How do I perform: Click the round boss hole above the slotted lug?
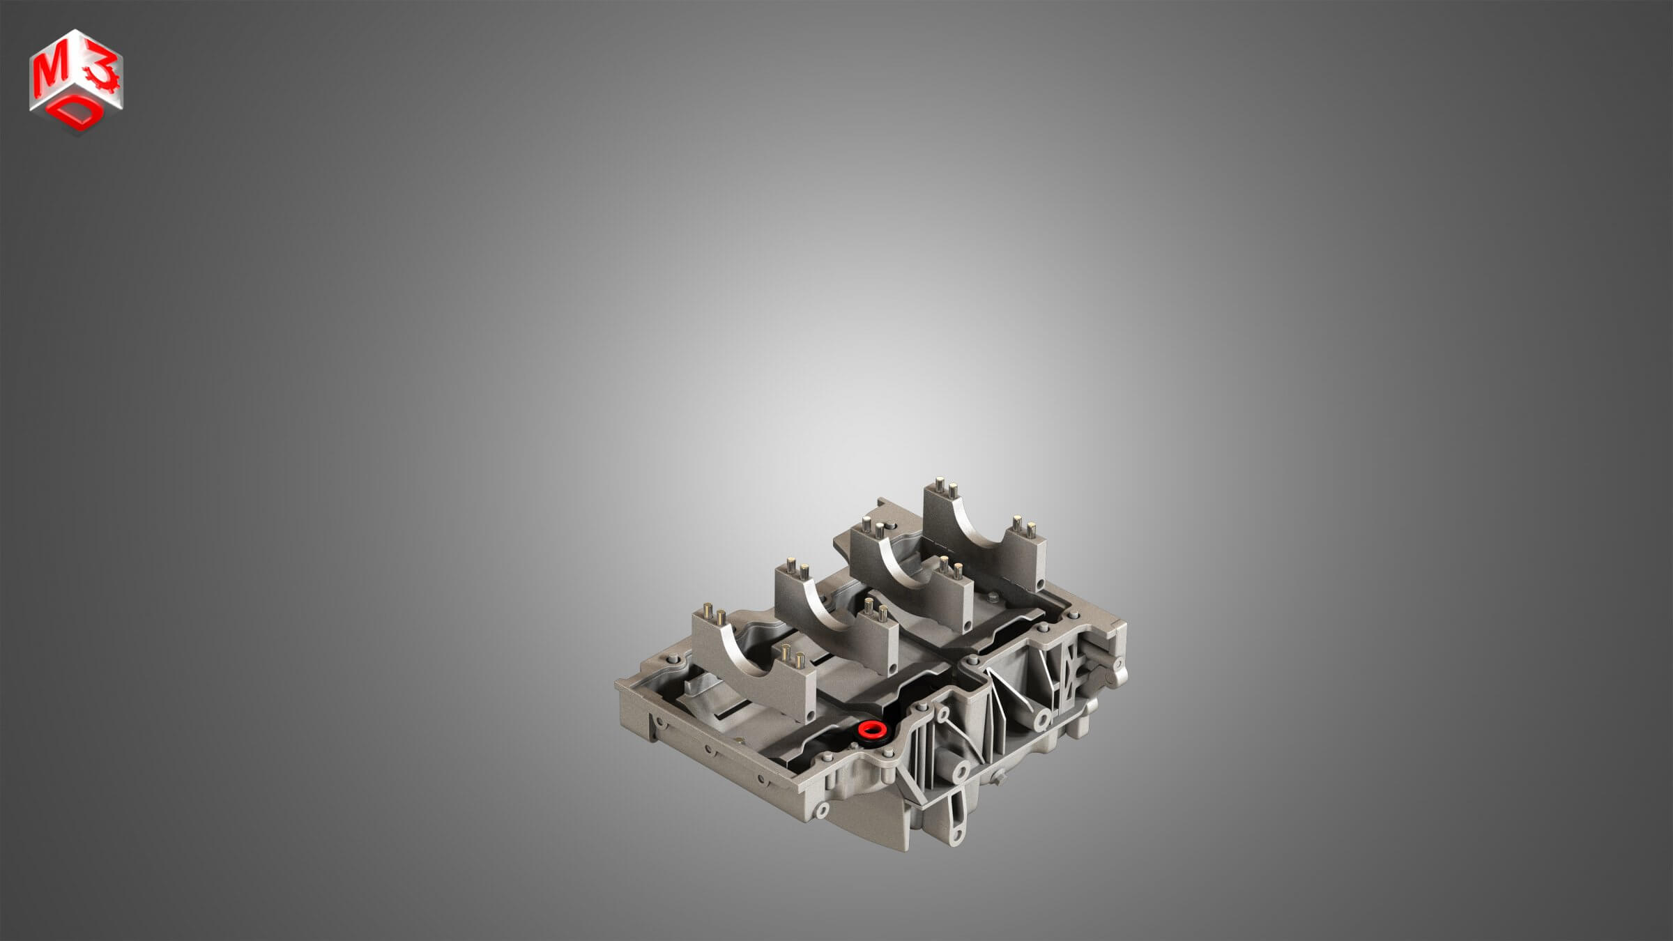pyautogui.click(x=960, y=770)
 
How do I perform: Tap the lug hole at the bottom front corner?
pyautogui.click(x=822, y=809)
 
